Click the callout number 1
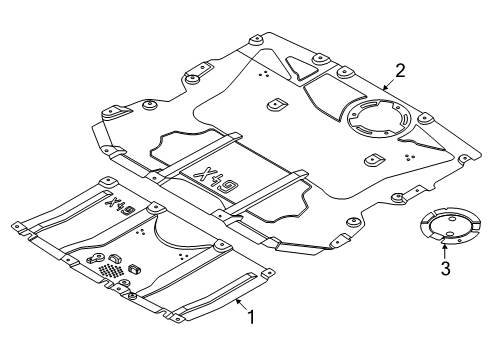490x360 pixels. point(251,317)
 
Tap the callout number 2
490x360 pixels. point(400,71)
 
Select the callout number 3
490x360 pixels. point(446,268)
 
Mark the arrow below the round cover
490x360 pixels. point(444,252)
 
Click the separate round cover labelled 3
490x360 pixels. point(450,226)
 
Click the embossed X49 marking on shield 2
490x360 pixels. point(216,179)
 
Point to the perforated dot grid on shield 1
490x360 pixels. point(111,270)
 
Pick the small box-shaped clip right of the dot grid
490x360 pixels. point(134,269)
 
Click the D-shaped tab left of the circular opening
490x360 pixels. point(277,105)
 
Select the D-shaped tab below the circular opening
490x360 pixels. point(374,160)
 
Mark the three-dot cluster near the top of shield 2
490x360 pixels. point(264,73)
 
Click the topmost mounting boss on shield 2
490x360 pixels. point(257,40)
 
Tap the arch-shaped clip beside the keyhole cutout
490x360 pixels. point(114,259)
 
